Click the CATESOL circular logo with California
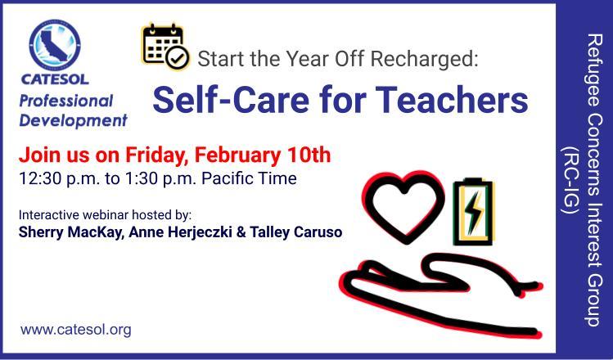(x=55, y=45)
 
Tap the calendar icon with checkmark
(x=166, y=47)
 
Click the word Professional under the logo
(x=66, y=101)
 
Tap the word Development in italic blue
(x=73, y=120)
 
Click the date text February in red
(x=237, y=155)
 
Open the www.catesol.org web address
(x=76, y=330)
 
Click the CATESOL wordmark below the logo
(x=55, y=79)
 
